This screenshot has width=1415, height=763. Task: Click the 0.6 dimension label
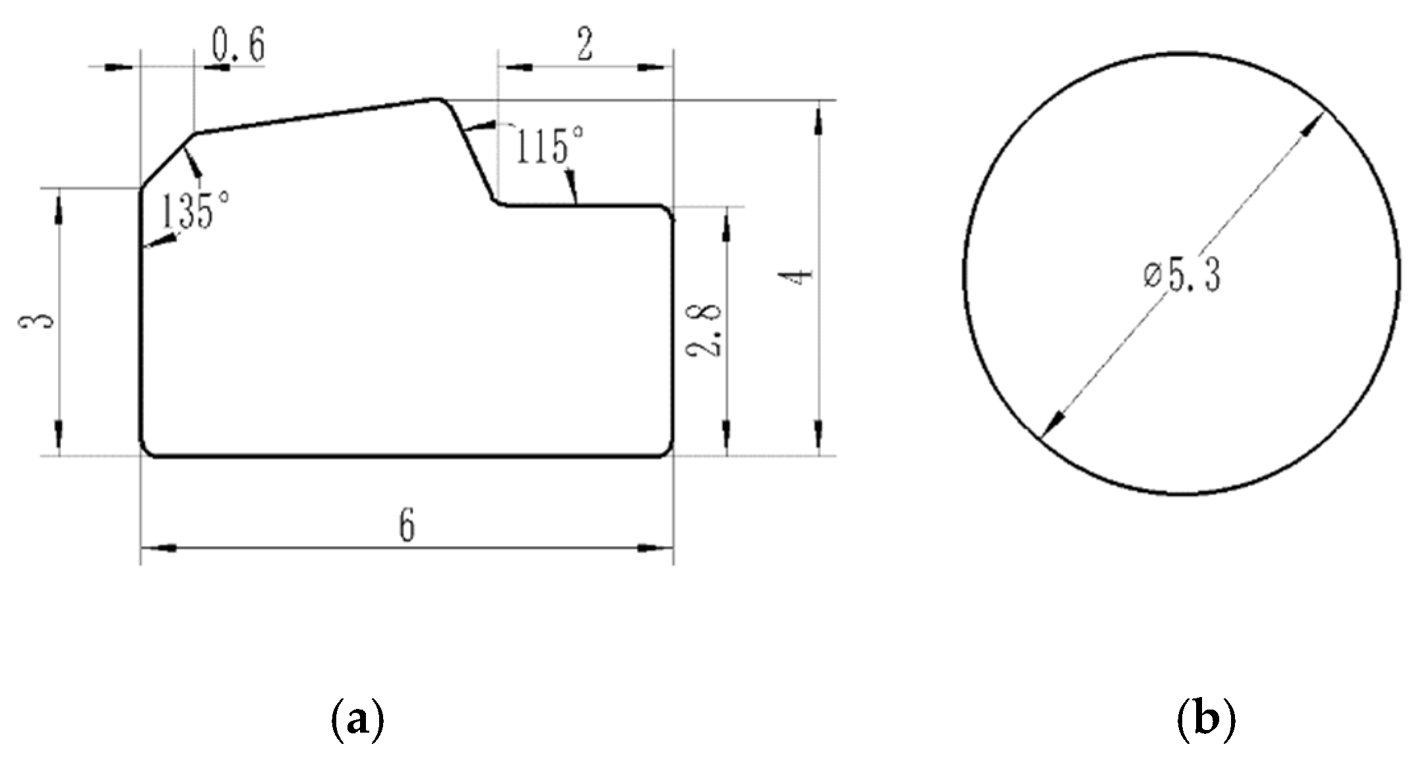[x=238, y=46]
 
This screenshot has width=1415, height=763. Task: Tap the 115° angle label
[x=549, y=146]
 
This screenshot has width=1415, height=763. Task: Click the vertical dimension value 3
[x=44, y=321]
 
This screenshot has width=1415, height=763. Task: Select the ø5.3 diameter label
[x=1182, y=275]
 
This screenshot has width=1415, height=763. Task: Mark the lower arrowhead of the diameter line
[x=1050, y=425]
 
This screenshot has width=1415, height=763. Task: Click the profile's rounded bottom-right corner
[x=667, y=450]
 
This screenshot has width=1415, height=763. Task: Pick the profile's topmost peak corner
[x=438, y=100]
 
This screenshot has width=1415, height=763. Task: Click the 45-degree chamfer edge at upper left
[x=167, y=160]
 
